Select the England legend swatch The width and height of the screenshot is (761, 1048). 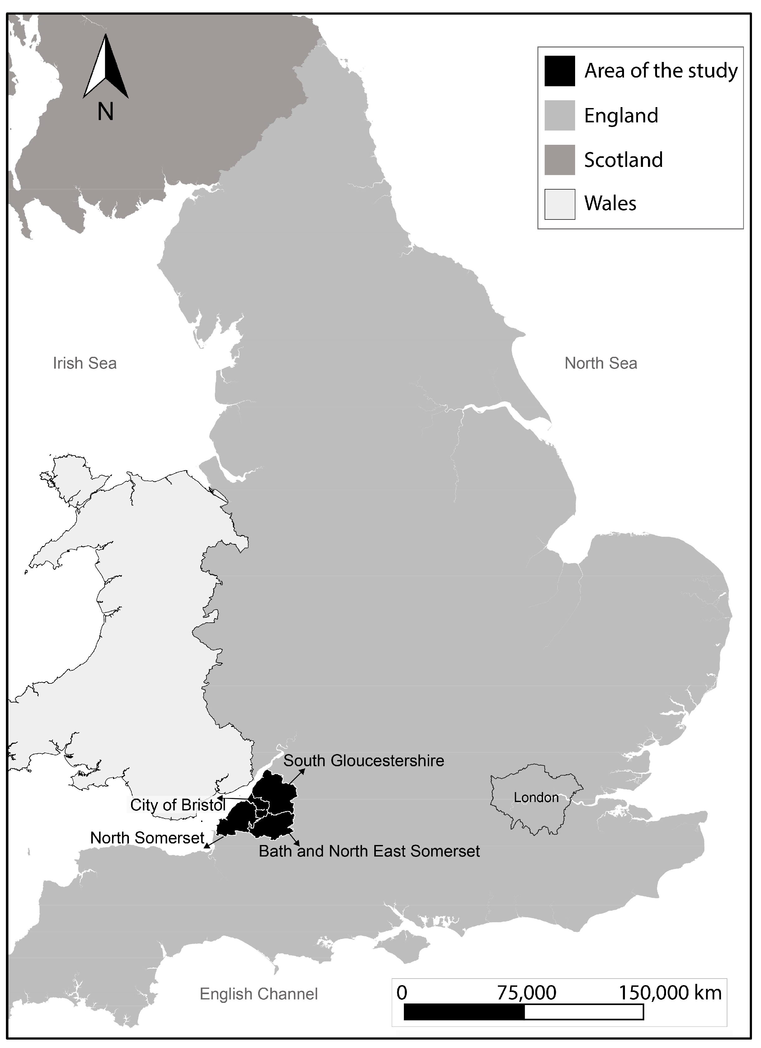[559, 115]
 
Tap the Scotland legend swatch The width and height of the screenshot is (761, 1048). [559, 160]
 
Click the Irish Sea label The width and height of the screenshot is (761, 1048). [85, 363]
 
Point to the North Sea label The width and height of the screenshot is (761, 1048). [601, 363]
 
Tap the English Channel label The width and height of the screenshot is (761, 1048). [258, 994]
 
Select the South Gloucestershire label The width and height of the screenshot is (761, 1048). [364, 761]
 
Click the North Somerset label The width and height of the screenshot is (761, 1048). [147, 838]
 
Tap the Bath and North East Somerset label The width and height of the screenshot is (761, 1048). [369, 851]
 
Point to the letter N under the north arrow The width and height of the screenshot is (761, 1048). [106, 111]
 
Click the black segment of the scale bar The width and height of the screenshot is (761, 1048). [464, 1013]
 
